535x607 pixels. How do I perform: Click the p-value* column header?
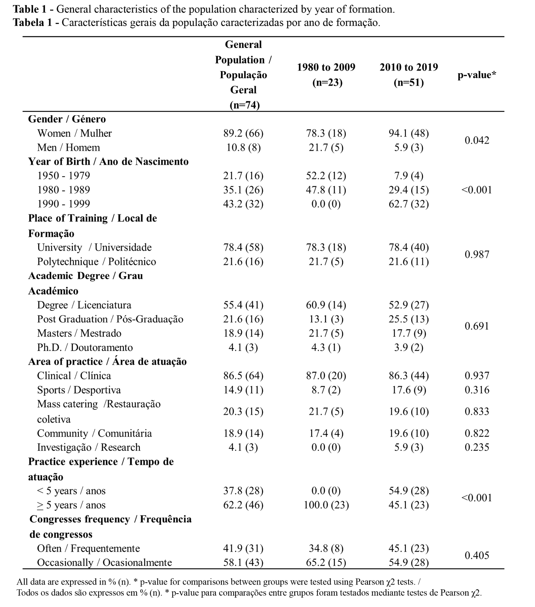(x=477, y=75)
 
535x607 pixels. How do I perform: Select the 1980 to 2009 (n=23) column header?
(x=326, y=75)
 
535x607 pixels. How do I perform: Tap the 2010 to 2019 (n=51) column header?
(x=409, y=75)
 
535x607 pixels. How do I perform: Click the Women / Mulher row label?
(x=74, y=133)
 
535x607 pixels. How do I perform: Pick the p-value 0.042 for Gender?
(x=477, y=140)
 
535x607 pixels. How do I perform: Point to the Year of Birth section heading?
(x=108, y=162)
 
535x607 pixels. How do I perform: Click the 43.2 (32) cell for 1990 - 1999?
(x=243, y=204)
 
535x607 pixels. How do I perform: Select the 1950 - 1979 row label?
(x=63, y=176)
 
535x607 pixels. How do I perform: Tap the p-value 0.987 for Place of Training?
(x=477, y=255)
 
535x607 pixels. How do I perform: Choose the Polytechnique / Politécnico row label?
(x=97, y=262)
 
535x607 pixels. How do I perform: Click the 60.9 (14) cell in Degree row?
(x=326, y=305)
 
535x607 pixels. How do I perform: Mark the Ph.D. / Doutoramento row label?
(x=85, y=348)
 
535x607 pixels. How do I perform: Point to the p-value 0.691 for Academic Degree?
(x=477, y=326)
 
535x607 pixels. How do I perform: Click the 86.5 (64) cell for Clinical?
(x=243, y=376)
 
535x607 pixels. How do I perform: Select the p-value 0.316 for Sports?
(x=477, y=390)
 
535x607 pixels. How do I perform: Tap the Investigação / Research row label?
(x=89, y=448)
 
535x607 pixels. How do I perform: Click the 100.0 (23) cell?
(x=326, y=505)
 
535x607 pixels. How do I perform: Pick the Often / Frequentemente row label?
(x=88, y=549)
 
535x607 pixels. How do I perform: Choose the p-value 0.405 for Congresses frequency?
(x=477, y=555)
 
